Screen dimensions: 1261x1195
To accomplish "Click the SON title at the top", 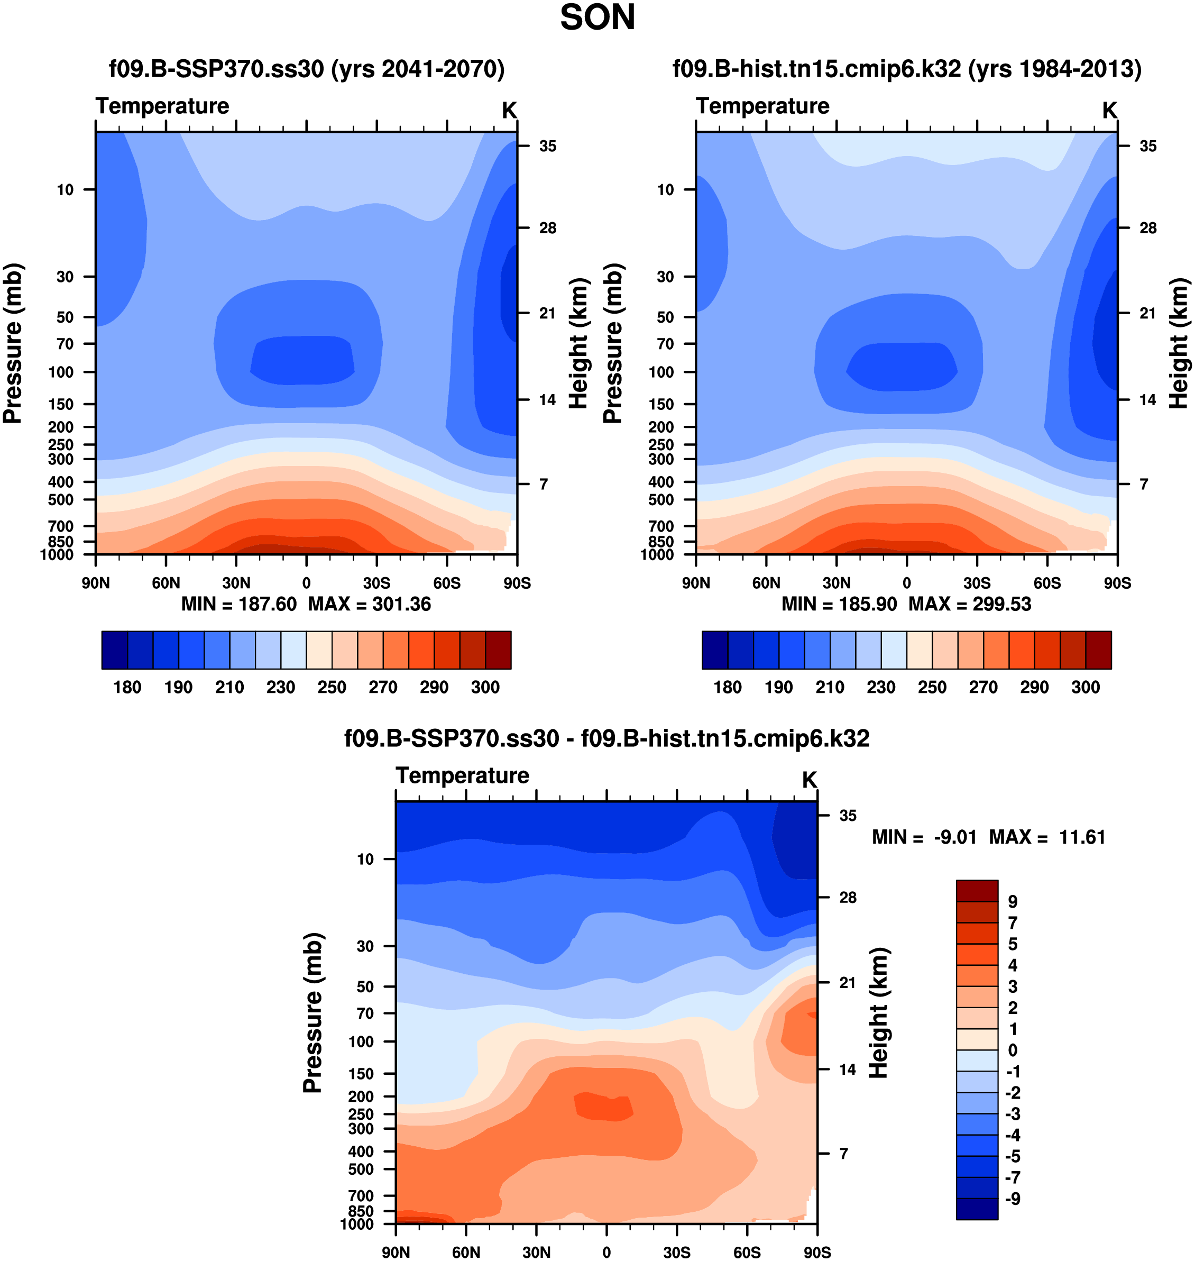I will (597, 18).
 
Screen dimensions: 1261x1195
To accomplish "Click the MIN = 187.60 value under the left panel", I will (239, 604).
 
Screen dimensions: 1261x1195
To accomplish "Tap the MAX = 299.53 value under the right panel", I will (970, 604).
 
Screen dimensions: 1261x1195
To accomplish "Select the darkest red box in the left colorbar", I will (498, 650).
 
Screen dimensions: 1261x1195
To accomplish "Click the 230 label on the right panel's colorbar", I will (881, 687).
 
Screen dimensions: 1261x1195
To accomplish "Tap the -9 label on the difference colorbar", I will (1012, 1199).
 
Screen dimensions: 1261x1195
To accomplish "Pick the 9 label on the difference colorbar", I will (1012, 902).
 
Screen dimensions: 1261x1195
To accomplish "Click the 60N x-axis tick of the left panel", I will (166, 583).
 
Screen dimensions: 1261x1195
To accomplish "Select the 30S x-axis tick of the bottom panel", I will (676, 1252).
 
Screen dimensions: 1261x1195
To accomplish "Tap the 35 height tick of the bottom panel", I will (847, 816).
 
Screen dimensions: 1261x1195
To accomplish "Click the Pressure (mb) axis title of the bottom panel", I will (313, 1012).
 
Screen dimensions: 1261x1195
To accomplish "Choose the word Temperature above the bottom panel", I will (463, 775).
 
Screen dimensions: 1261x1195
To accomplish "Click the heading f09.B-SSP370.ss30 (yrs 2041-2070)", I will (306, 69).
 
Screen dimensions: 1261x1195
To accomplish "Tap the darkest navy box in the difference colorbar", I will (977, 1209).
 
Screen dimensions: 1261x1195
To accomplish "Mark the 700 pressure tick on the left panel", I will (61, 526).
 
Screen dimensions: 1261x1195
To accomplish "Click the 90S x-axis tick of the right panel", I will (1117, 583).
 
